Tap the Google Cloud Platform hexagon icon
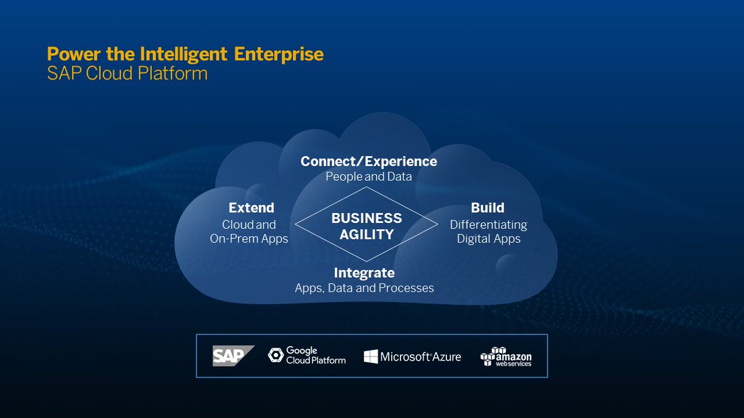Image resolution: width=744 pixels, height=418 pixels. [x=275, y=355]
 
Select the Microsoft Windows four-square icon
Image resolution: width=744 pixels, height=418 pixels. [x=371, y=356]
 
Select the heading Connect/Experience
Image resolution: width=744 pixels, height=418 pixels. [x=368, y=161]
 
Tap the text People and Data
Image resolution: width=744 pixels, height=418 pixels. [x=368, y=176]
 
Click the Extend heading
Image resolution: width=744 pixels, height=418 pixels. [x=251, y=207]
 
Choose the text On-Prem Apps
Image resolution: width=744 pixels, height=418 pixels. [x=249, y=238]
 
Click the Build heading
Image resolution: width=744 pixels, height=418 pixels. [x=487, y=207]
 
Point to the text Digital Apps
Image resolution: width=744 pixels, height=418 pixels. [x=489, y=238]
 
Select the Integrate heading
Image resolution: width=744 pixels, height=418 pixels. [x=364, y=272]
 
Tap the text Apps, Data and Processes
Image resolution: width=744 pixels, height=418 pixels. [x=364, y=288]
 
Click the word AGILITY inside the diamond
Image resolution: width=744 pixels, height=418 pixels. [x=366, y=234]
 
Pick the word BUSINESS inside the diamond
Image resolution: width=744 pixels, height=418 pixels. [x=366, y=218]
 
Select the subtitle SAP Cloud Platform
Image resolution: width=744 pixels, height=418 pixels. [x=127, y=74]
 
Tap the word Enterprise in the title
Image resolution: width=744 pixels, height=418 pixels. [x=279, y=54]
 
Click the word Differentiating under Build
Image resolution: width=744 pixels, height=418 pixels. [x=489, y=224]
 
